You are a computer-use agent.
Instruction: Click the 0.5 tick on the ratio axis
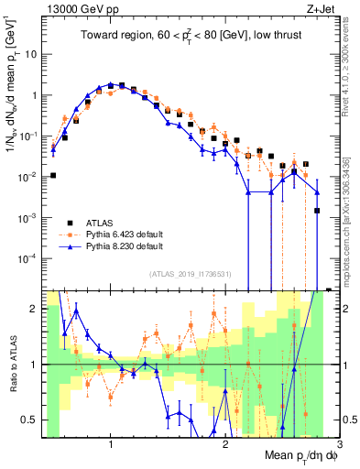coord(27,420)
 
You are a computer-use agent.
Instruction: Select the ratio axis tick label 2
coord(32,309)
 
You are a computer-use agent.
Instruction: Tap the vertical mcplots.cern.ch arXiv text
coord(351,211)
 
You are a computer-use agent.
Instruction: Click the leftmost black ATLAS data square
coord(53,175)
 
